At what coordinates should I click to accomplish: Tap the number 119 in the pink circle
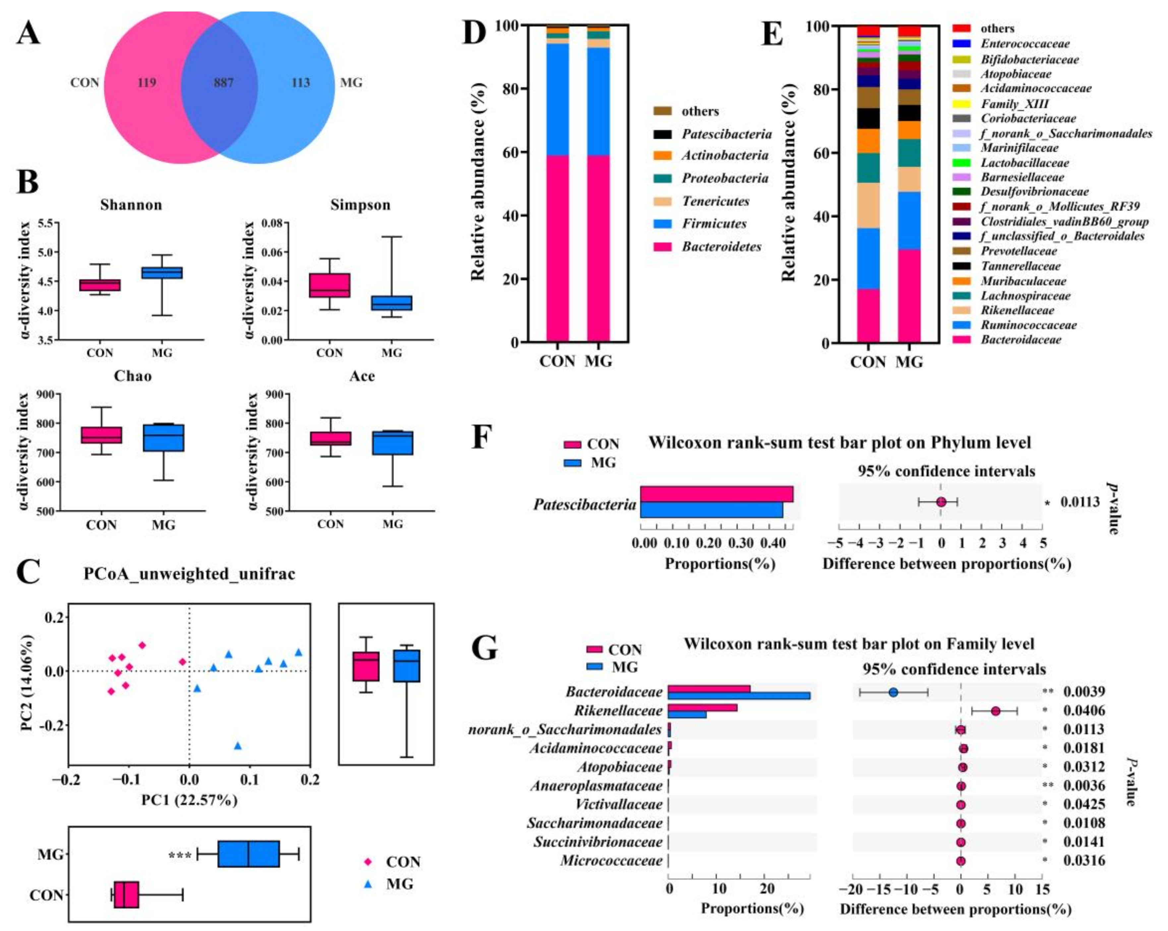pos(146,83)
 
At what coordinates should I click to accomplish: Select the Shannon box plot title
pos(131,205)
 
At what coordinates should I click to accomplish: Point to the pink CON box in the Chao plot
pos(101,435)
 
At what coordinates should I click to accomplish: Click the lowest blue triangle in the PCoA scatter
pos(237,746)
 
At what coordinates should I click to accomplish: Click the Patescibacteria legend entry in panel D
pos(726,134)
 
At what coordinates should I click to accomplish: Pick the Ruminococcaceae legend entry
pos(1028,325)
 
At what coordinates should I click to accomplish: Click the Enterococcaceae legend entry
pos(1024,44)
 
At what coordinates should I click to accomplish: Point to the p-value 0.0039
pos(1083,692)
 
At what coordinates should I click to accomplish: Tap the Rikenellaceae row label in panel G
pos(618,711)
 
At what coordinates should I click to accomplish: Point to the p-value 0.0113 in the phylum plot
pos(1080,502)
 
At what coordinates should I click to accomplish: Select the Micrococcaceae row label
pos(611,861)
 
